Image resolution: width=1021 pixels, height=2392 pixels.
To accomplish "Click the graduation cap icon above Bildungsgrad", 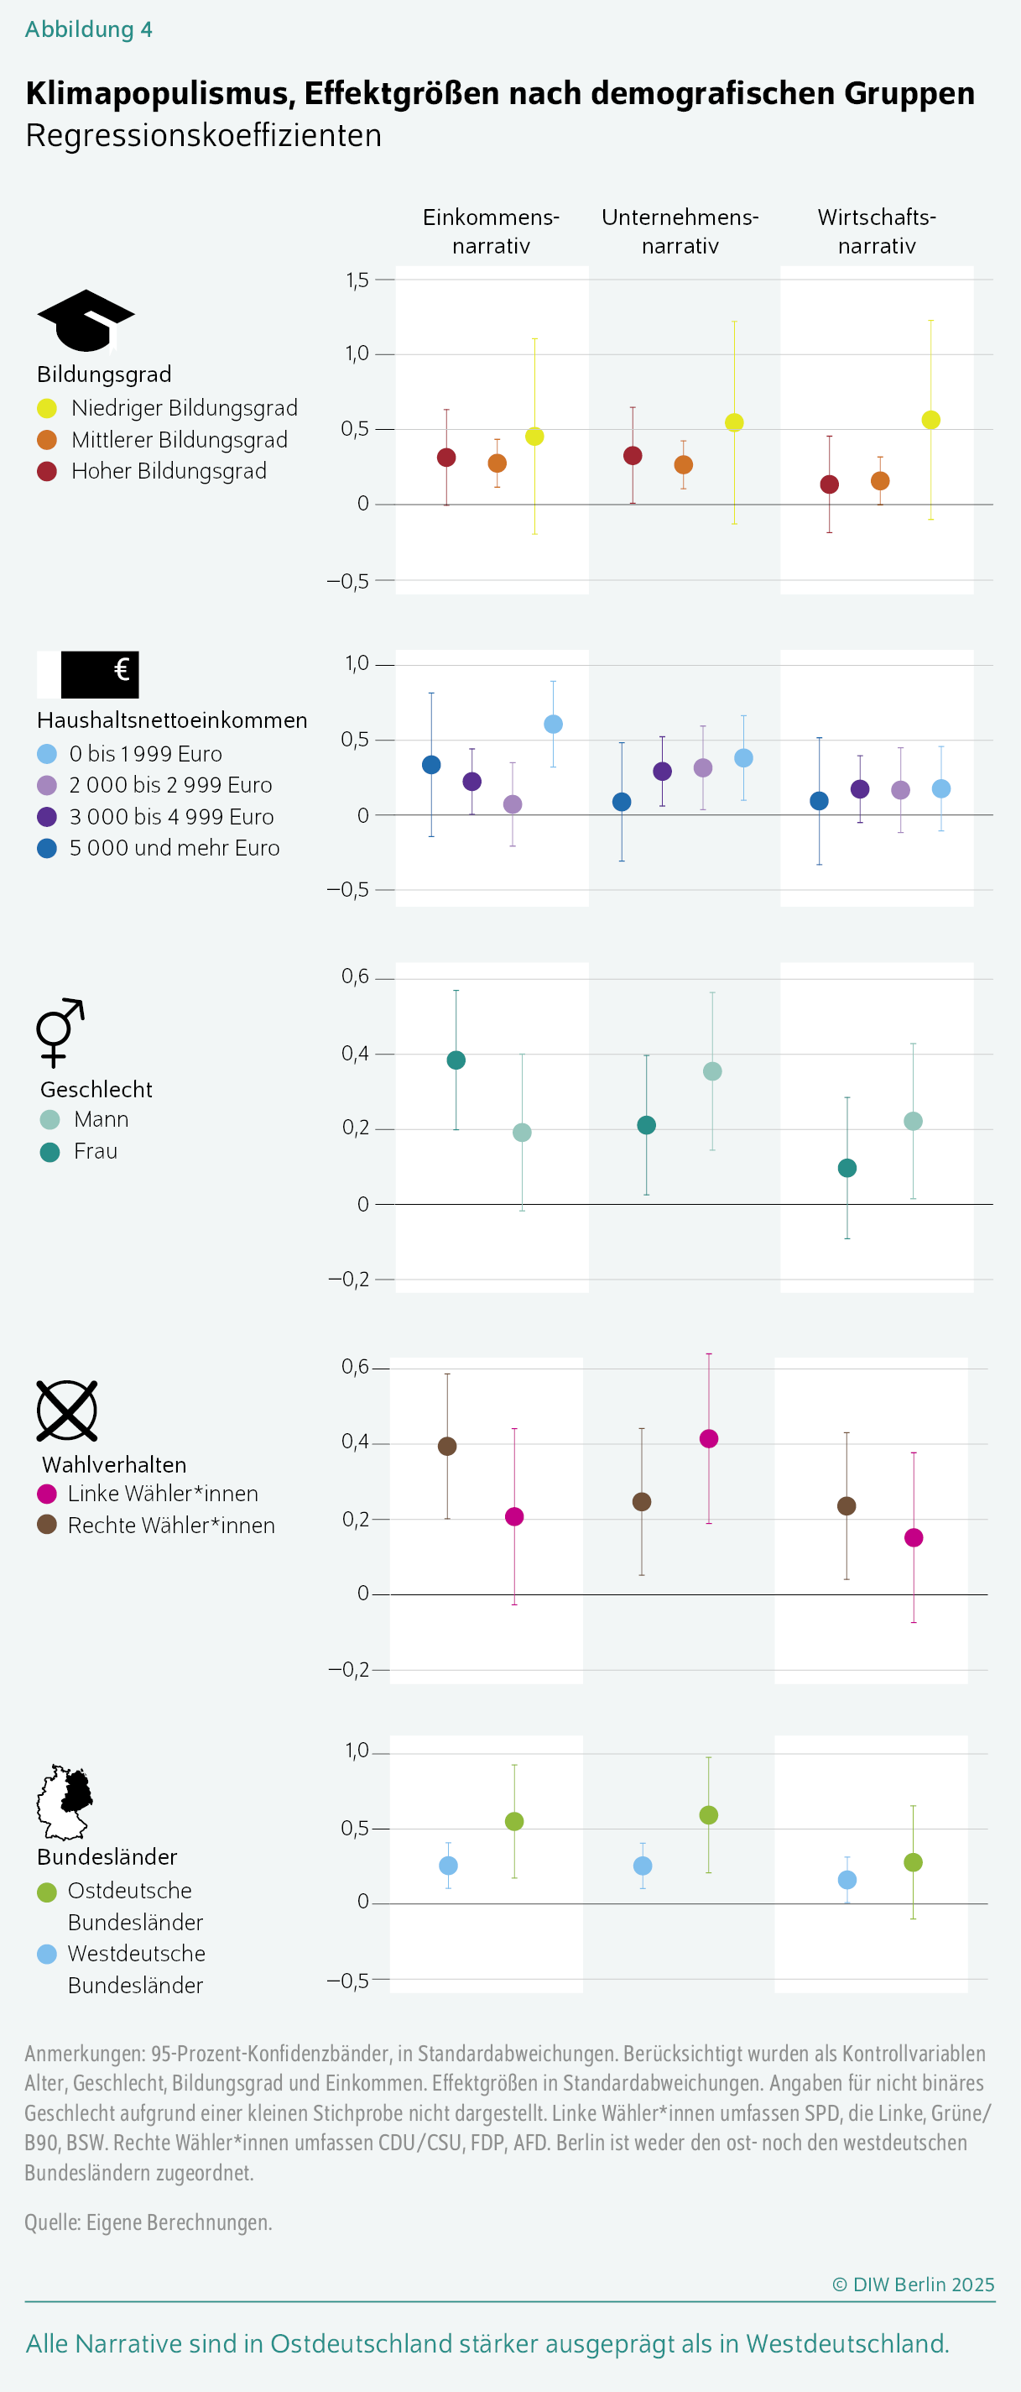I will (86, 322).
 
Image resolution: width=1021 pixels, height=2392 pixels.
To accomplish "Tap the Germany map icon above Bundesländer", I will (65, 1803).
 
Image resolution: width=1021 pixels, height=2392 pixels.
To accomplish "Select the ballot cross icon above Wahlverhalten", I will (67, 1411).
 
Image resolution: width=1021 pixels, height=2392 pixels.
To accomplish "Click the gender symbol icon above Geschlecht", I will (60, 1032).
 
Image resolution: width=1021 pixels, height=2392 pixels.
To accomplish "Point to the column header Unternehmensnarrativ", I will (680, 231).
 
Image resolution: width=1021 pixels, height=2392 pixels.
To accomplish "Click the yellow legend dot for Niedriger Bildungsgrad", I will (47, 409).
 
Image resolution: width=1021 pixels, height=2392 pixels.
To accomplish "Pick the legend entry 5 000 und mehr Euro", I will (174, 848).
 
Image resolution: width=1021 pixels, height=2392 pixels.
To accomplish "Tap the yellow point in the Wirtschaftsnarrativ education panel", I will (931, 420).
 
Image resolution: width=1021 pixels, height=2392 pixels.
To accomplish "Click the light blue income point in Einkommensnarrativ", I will (553, 725).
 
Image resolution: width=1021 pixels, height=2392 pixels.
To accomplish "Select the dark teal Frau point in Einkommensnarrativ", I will (456, 1060).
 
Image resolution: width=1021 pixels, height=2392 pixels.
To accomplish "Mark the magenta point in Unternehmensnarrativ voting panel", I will (708, 1438).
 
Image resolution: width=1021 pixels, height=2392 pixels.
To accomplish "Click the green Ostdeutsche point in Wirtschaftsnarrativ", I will (913, 1863).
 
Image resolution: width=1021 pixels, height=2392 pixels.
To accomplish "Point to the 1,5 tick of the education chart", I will (357, 280).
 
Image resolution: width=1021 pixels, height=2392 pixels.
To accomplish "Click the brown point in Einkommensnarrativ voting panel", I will (447, 1447).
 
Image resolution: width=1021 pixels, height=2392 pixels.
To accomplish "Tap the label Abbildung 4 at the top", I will (88, 29).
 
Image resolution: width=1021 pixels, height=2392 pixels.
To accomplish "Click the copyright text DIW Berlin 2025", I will (914, 2285).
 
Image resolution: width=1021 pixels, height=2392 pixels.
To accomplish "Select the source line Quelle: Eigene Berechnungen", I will (148, 2222).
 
